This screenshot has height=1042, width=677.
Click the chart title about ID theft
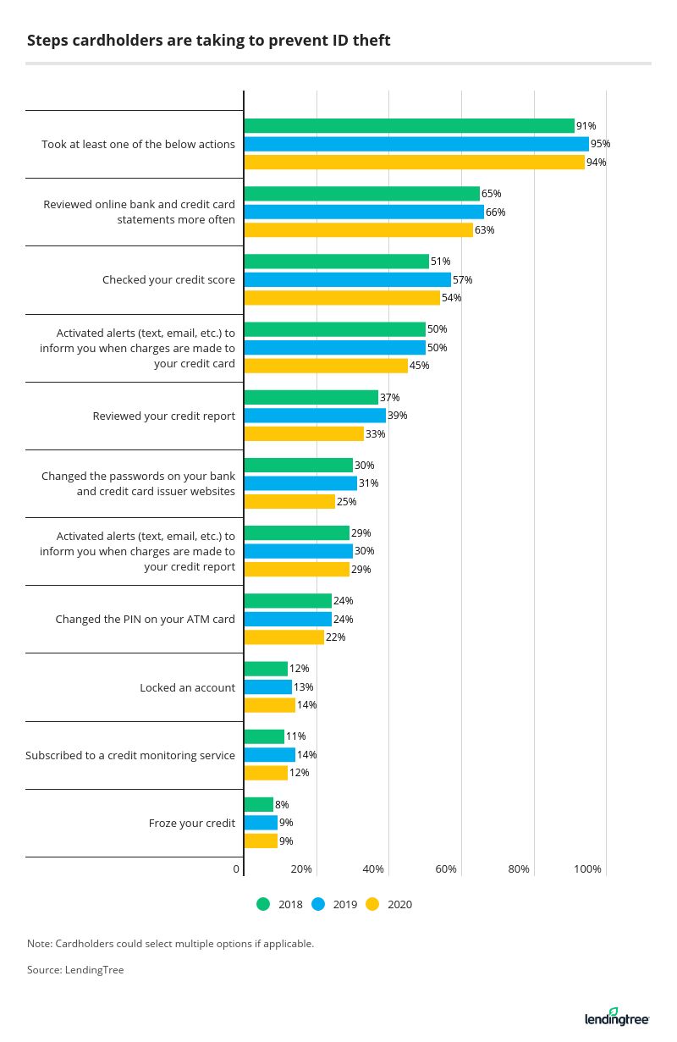point(208,40)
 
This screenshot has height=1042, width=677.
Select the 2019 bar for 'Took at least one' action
point(416,144)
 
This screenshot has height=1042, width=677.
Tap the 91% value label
point(586,126)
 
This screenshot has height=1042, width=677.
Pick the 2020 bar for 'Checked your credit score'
point(342,298)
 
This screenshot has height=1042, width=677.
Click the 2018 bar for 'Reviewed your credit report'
point(311,398)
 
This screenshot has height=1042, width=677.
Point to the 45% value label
point(420,366)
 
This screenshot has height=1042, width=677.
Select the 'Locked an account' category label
point(187,687)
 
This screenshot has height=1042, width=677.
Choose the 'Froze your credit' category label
point(191,823)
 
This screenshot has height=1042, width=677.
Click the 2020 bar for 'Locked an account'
point(270,705)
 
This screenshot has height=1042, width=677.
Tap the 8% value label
point(283,805)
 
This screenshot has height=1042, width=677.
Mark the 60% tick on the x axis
point(446,869)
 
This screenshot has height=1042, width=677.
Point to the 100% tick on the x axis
point(587,869)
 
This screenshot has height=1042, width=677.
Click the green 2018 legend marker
point(262,904)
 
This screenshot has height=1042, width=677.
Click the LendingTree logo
point(616,1017)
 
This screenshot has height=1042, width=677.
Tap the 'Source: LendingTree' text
point(75,970)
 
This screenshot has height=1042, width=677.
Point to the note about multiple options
point(170,943)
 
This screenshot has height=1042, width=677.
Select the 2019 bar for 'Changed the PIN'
point(288,619)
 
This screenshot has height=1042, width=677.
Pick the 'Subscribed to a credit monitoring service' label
point(130,755)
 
